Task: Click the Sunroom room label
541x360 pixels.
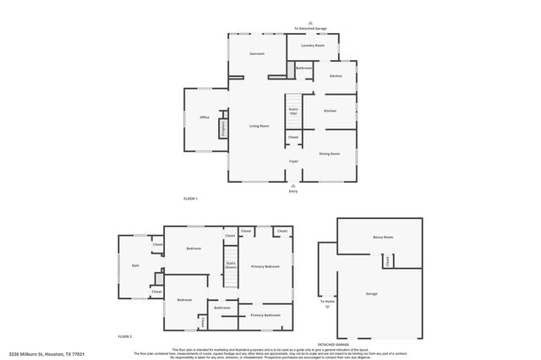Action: coord(257,54)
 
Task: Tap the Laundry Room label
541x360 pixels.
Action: coord(313,46)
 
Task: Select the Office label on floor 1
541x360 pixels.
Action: coord(204,117)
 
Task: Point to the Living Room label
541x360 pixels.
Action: coord(259,126)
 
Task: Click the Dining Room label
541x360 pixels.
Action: coord(329,154)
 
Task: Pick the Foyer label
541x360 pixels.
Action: coord(293,161)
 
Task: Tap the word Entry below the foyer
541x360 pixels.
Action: coord(293,191)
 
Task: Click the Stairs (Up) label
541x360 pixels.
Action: coord(293,111)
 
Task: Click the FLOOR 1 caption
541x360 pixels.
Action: coord(190,199)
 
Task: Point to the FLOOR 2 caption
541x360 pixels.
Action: coord(125,335)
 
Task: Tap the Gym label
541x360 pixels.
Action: coord(134,266)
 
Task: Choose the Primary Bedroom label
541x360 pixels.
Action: coord(265,266)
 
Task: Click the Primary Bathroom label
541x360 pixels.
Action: coord(265,315)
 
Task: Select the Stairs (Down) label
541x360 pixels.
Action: coord(230,265)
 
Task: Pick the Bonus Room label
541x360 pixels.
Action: coord(383,237)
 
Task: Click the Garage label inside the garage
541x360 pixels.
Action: coord(371,293)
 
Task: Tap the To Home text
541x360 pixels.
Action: coord(327,302)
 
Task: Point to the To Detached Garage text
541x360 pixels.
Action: coord(309,28)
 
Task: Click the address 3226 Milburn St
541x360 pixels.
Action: coord(46,354)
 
